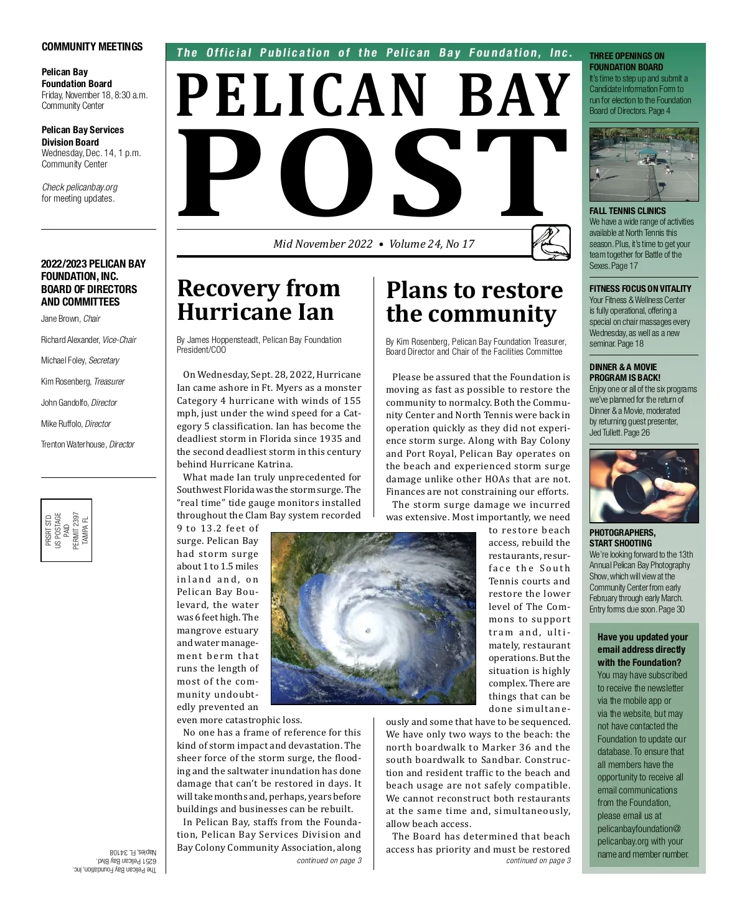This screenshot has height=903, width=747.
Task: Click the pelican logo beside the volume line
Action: pos(551,242)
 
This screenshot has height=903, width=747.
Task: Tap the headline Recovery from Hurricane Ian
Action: pos(259,300)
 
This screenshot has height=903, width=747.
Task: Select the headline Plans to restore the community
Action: pos(474,302)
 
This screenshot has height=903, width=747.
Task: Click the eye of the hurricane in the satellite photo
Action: pos(367,630)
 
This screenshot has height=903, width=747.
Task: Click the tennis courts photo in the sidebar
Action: pos(644,164)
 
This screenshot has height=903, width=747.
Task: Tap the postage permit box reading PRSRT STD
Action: pos(67,530)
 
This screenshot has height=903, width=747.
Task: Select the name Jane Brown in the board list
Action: pos(60,319)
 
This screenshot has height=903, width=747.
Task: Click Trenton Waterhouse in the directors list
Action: pos(73,444)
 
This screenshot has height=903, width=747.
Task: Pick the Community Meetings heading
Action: pos(92,47)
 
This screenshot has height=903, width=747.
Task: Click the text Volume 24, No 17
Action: pos(431,244)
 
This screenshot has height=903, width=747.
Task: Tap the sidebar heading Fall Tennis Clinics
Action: pos(627,211)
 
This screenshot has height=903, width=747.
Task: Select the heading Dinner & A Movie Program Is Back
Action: pos(625,372)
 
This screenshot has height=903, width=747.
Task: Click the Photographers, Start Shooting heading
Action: pos(622,538)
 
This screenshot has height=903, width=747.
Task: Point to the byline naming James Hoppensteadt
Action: pos(259,345)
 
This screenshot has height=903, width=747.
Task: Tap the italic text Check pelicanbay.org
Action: pos(80,187)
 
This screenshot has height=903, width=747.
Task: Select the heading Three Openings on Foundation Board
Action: pos(627,61)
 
